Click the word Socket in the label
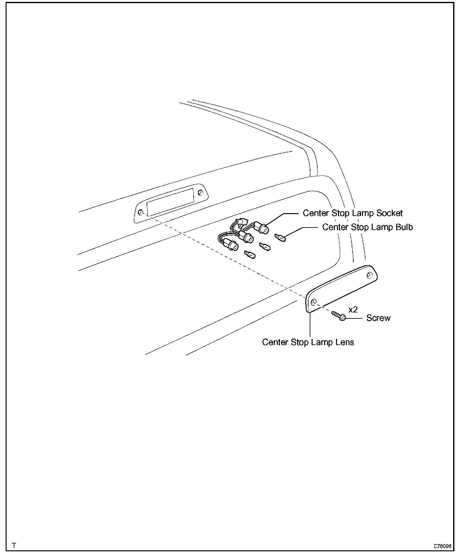tap(389, 213)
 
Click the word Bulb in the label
tap(404, 227)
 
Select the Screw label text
tap(378, 318)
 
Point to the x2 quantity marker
tap(353, 310)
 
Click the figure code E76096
tap(442, 546)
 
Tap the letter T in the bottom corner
tap(14, 545)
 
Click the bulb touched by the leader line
tap(281, 238)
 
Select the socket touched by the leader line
tap(263, 228)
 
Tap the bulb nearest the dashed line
tap(250, 254)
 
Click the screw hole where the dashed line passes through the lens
tap(313, 302)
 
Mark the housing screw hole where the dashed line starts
tap(141, 213)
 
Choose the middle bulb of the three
tap(265, 247)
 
